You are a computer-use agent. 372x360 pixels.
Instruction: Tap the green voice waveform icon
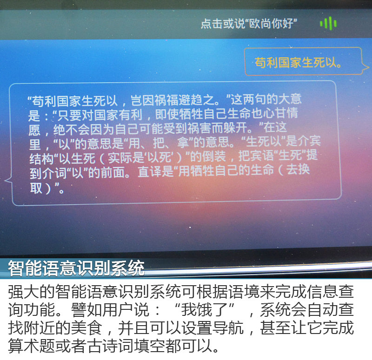[328, 23]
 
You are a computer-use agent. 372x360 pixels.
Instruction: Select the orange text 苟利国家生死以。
[299, 63]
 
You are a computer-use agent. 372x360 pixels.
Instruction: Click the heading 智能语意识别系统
[76, 268]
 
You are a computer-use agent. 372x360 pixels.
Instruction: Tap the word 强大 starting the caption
[24, 292]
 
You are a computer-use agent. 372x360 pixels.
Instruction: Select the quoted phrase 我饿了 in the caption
[205, 310]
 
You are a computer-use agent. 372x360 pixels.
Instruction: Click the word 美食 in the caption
[86, 328]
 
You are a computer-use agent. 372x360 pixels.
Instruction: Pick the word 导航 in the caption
[228, 328]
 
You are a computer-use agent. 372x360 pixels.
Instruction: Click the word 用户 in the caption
[118, 310]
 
